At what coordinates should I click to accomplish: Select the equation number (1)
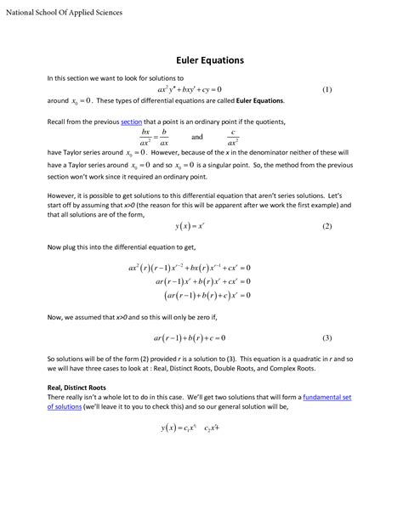326,89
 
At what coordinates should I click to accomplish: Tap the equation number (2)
326,227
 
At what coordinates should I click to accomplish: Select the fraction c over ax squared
232,137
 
